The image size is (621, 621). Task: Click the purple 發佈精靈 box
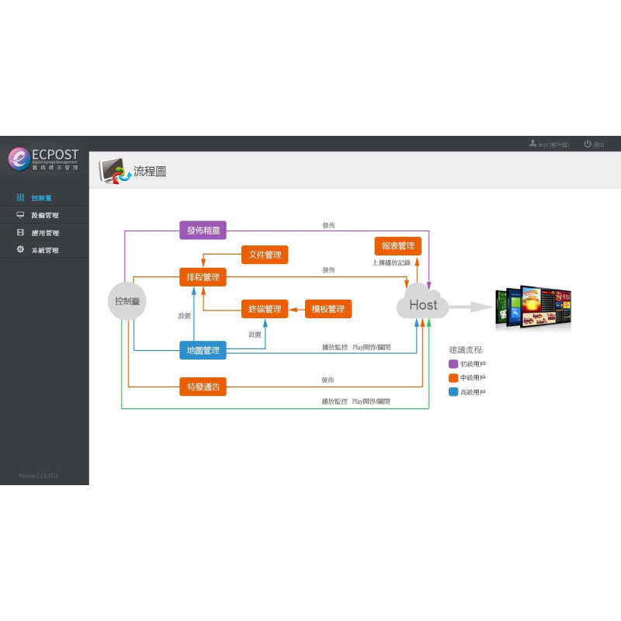pos(203,230)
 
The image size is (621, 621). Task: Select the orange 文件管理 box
pos(265,255)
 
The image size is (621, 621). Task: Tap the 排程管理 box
pos(203,277)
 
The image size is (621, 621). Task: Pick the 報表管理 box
pos(397,246)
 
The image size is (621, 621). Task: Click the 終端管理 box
pos(265,309)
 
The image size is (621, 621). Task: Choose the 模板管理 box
pos(328,309)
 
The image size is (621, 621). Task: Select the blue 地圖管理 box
pos(203,350)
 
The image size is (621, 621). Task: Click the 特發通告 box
pos(203,386)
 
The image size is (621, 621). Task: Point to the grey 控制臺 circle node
pos(127,300)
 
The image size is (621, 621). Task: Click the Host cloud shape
pos(422,304)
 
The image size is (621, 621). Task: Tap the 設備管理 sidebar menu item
pos(44,215)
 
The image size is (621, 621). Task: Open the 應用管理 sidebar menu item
pos(44,233)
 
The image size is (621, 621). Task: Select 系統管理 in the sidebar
pos(44,250)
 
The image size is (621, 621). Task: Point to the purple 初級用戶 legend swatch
pos(453,363)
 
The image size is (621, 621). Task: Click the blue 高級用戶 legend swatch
pos(453,392)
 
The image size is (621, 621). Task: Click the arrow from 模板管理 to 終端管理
pos(297,309)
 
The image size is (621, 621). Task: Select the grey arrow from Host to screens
pos(470,307)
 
